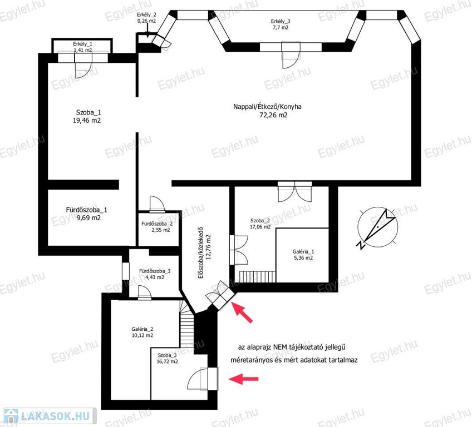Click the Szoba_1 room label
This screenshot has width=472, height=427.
(88, 112)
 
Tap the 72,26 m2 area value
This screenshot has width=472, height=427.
(273, 115)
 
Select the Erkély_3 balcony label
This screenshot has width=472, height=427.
(281, 21)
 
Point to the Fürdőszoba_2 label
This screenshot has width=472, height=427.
(157, 224)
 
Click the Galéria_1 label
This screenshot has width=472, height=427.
(303, 252)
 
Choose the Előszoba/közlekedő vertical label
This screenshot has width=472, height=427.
(201, 252)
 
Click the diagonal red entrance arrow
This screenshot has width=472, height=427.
(242, 312)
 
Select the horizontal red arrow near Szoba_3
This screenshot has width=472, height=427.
(244, 379)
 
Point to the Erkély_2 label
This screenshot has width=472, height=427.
(146, 14)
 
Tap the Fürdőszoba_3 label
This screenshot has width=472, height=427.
(155, 271)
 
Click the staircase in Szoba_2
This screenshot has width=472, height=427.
(257, 276)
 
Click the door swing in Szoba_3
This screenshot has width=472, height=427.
(197, 379)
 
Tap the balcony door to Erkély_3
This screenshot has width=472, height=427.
(291, 56)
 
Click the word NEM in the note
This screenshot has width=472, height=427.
(281, 347)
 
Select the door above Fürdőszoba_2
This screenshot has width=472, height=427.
(157, 204)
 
